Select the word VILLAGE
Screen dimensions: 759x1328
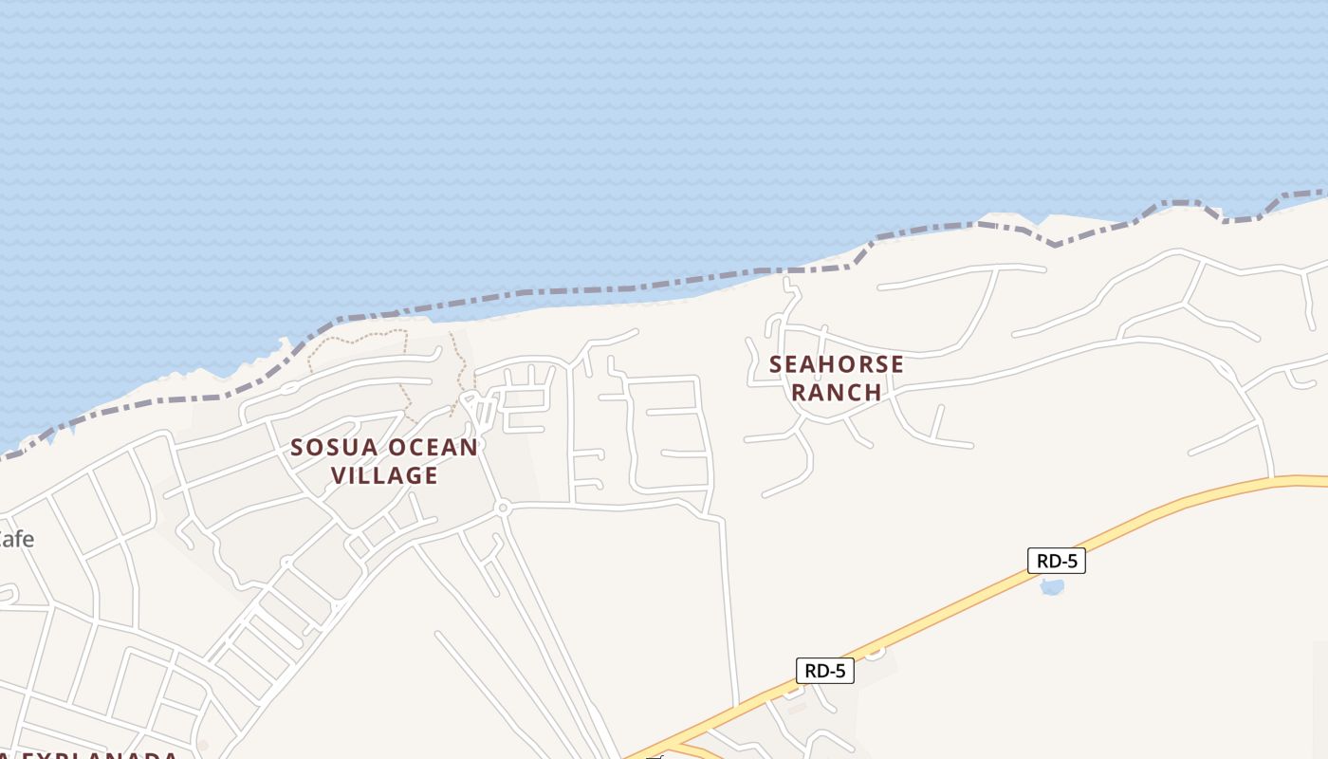[x=384, y=475]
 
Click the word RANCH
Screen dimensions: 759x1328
[x=836, y=392]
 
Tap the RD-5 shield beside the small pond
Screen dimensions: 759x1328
[x=1056, y=561]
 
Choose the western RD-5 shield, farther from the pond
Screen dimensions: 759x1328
[x=824, y=671]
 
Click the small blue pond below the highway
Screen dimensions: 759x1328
[x=1052, y=586]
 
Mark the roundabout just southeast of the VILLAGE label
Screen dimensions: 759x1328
[x=503, y=509]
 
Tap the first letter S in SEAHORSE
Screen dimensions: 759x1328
[x=776, y=364]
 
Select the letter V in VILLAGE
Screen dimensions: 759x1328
[x=339, y=475]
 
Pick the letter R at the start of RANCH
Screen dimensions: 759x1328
[x=799, y=392]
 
